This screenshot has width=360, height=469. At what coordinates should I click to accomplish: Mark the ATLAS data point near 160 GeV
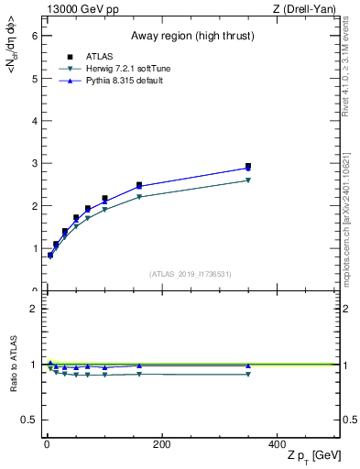click(x=139, y=185)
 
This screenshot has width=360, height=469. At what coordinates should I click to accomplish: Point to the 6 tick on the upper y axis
click(x=36, y=36)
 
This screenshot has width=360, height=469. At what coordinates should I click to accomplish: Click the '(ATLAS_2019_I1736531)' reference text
click(x=191, y=274)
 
